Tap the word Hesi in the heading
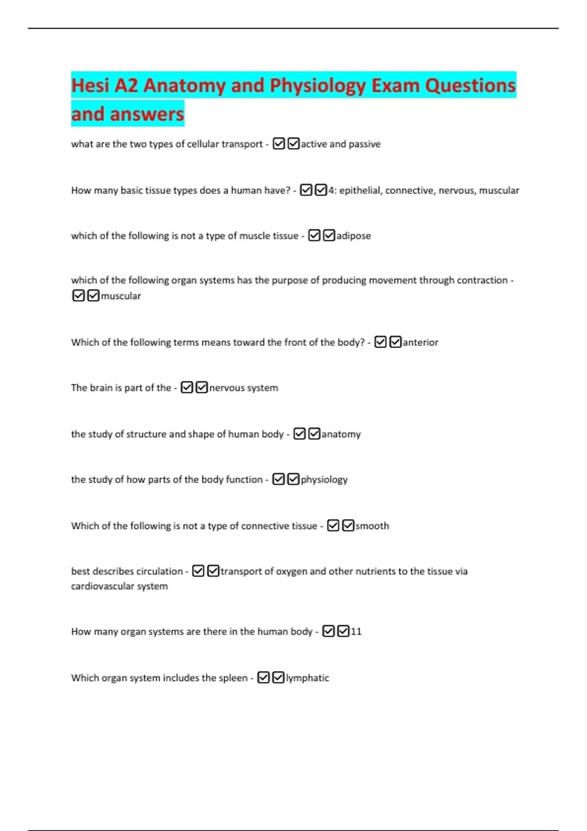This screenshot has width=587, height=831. point(90,86)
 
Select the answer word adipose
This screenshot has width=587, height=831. point(354,236)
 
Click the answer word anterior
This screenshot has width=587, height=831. point(420,342)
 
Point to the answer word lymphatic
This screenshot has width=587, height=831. point(307,678)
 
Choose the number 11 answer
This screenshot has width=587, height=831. point(356,632)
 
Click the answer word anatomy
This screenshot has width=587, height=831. point(341,434)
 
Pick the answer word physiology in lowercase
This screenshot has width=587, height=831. point(324,480)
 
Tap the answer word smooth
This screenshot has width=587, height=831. point(372,526)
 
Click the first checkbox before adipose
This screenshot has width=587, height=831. point(315,236)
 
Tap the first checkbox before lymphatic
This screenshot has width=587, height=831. point(263,678)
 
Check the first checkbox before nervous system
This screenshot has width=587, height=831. point(187,388)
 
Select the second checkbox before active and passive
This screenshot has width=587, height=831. point(293,144)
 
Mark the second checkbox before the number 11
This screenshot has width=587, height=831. point(343,632)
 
